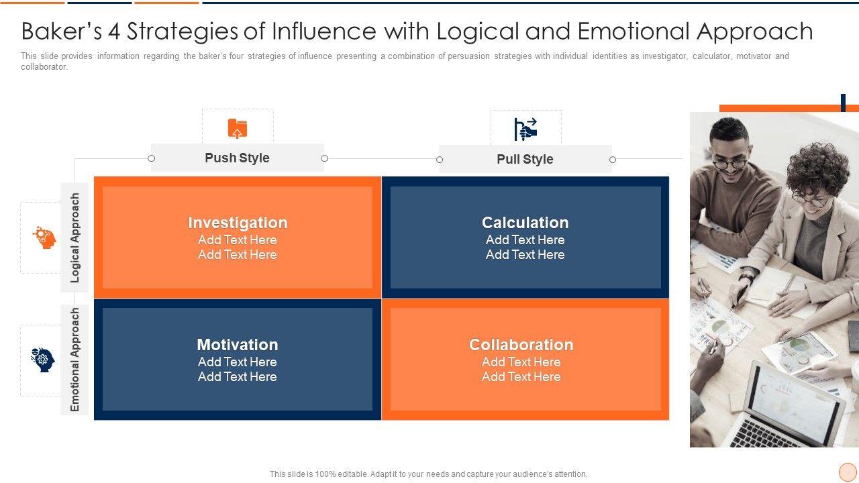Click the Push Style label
pyautogui.click(x=237, y=158)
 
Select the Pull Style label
pyautogui.click(x=525, y=159)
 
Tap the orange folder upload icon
pyautogui.click(x=238, y=128)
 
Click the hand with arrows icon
pyautogui.click(x=525, y=129)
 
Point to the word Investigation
pyautogui.click(x=238, y=223)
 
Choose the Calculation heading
pyautogui.click(x=525, y=223)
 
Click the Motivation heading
pyautogui.click(x=238, y=345)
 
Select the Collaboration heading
pyautogui.click(x=521, y=345)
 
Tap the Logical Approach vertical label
pyautogui.click(x=75, y=237)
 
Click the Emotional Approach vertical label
pyautogui.click(x=75, y=360)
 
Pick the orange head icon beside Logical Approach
pyautogui.click(x=44, y=237)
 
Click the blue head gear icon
pyautogui.click(x=43, y=360)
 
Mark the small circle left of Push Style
pyautogui.click(x=151, y=158)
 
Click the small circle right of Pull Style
pyautogui.click(x=612, y=160)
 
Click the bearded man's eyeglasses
pyautogui.click(x=729, y=162)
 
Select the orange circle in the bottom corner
pyautogui.click(x=848, y=472)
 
